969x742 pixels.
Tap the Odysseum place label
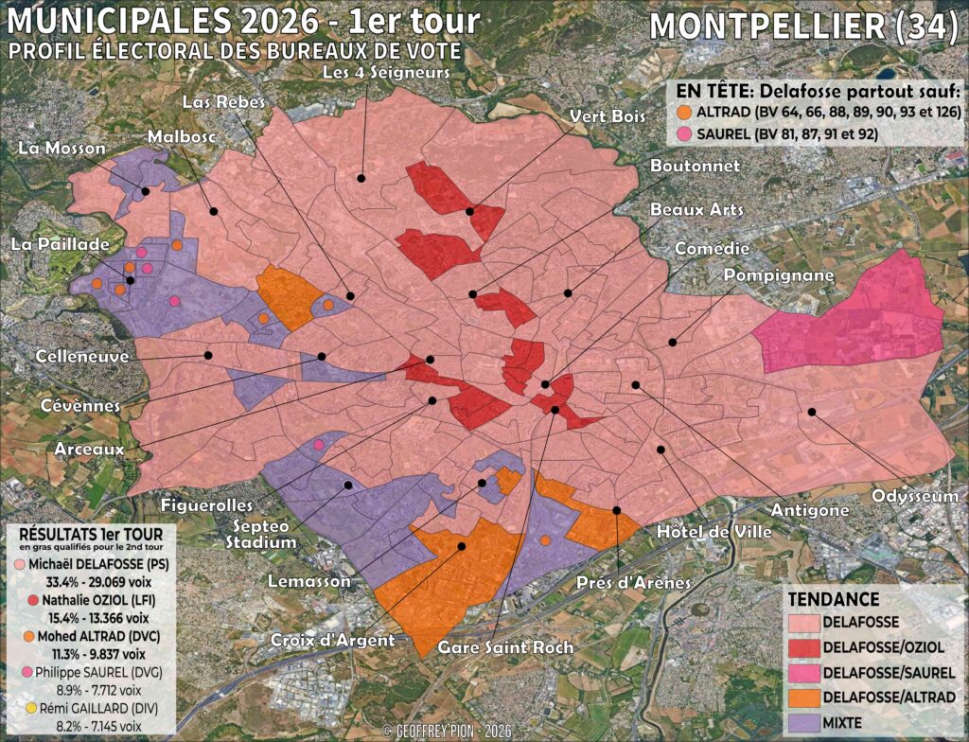pos(914,496)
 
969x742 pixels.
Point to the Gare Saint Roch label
pos(505,648)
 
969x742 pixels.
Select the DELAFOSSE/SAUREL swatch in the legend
pos(804,671)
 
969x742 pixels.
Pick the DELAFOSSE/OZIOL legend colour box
pos(804,646)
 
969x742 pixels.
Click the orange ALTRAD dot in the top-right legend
pos(684,112)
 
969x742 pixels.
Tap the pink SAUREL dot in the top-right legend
pos(684,132)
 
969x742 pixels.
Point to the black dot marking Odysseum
pos(811,412)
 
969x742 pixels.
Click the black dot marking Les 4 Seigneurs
pos(361,177)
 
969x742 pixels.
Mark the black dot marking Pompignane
pos(673,342)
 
